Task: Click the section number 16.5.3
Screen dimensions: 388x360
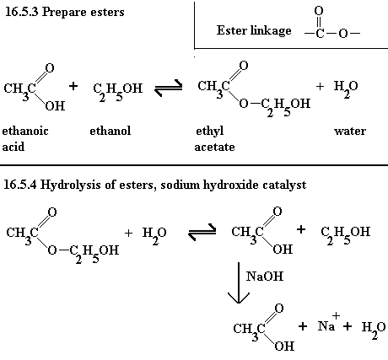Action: point(21,12)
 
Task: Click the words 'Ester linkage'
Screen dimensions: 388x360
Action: point(254,30)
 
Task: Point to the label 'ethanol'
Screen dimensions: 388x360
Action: point(110,131)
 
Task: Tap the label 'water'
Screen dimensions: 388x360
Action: point(350,131)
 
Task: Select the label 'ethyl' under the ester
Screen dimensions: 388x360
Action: point(210,132)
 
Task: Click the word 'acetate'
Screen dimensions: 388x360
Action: point(214,147)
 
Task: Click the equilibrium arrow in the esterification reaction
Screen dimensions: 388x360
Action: point(169,88)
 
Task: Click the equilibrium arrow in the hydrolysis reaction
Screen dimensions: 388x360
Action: point(202,232)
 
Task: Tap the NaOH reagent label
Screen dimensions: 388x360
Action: point(265,277)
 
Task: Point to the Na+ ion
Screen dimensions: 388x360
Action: point(329,323)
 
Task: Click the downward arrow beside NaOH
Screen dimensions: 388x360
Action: point(239,282)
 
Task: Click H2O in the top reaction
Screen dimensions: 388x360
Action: point(346,89)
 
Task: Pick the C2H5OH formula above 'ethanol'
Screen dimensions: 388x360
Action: point(118,91)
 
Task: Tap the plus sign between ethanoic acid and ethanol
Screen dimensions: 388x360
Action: point(73,86)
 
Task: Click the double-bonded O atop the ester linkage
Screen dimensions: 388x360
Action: point(319,11)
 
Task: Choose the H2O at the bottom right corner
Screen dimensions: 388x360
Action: point(374,330)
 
